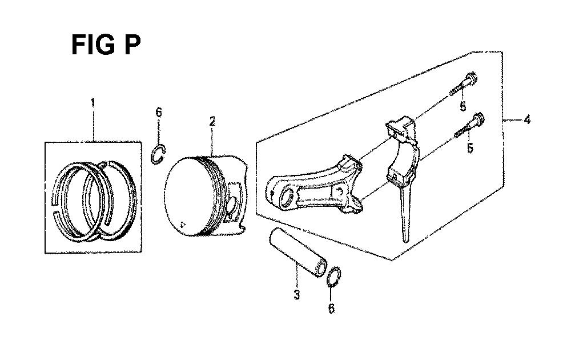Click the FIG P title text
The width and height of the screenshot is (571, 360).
(x=106, y=44)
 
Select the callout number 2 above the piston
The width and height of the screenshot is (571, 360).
(x=211, y=121)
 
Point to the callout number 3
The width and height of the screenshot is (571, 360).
(x=296, y=295)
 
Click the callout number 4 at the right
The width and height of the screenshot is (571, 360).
(x=527, y=120)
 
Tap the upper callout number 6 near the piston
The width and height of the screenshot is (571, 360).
(x=158, y=112)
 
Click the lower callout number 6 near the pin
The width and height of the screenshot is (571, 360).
(x=331, y=309)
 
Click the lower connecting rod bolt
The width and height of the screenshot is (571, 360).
(x=469, y=127)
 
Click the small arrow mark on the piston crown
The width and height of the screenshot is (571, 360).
(x=182, y=225)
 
